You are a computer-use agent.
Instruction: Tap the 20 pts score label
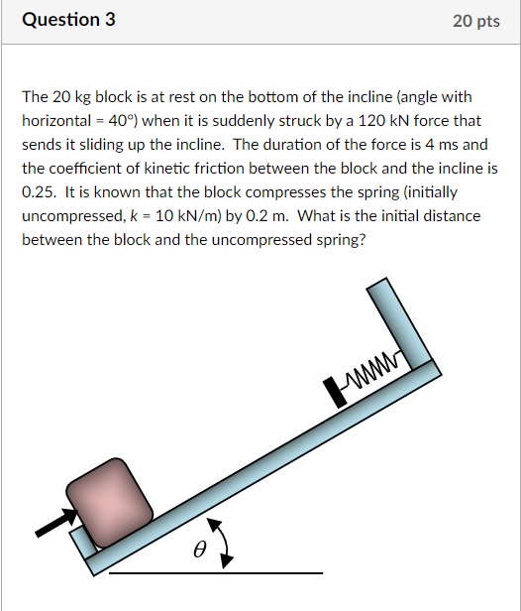[475, 21]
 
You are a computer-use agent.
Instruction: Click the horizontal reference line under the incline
[215, 573]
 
